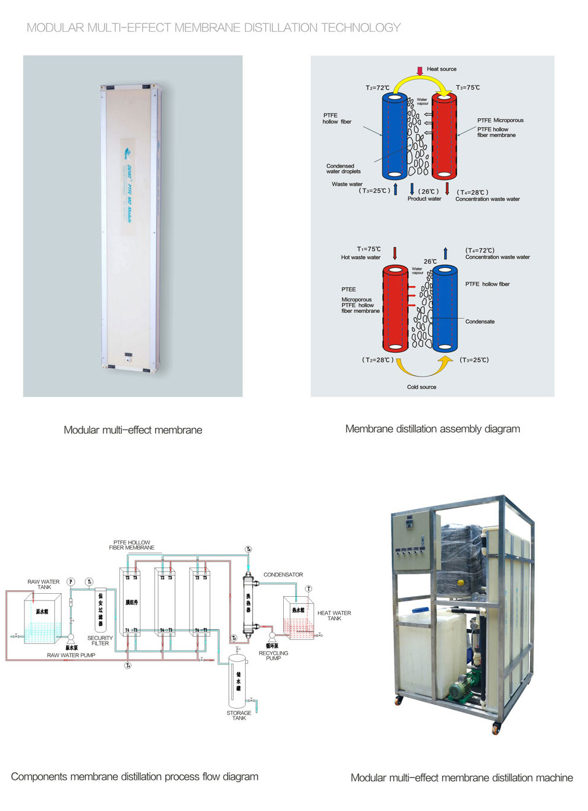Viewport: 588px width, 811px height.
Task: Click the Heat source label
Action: (x=441, y=69)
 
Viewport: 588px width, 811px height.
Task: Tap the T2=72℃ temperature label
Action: (x=377, y=88)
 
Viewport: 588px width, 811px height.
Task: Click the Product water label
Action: (x=424, y=199)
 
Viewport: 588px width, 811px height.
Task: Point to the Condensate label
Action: (x=480, y=322)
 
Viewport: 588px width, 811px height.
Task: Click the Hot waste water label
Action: (x=360, y=257)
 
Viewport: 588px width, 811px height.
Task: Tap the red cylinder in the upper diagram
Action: (x=444, y=136)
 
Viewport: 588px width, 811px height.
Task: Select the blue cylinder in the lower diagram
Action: (x=445, y=309)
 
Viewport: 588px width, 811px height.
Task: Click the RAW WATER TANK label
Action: (x=44, y=584)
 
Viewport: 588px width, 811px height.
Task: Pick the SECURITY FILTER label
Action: (x=100, y=640)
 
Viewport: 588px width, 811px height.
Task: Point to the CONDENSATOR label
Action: (x=283, y=575)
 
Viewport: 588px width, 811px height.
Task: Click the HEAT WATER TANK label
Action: (x=334, y=615)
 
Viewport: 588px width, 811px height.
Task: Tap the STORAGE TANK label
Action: (x=239, y=716)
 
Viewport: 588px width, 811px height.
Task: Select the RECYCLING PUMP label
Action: (x=273, y=655)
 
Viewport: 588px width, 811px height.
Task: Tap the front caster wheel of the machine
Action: (x=495, y=728)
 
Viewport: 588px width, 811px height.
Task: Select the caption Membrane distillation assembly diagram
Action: (x=433, y=428)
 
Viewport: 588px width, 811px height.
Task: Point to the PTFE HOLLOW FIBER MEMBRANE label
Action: (x=131, y=545)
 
